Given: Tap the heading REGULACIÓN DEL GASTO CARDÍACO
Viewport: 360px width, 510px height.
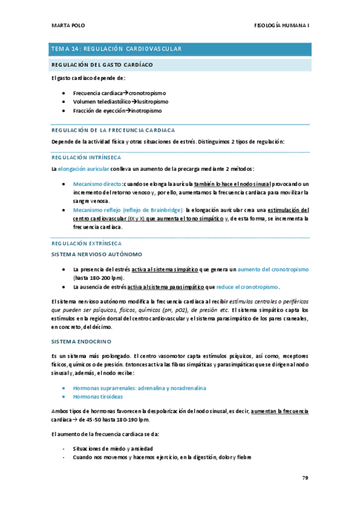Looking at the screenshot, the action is pos(102,64).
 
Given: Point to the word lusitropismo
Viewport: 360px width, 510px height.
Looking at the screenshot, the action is pos(148,102).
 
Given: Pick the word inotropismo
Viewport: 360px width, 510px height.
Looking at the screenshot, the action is pos(144,111).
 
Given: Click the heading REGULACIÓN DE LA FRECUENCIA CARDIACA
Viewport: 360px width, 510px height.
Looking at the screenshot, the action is pos(113,129).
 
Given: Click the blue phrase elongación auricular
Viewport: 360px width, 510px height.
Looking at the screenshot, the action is pos(84,168).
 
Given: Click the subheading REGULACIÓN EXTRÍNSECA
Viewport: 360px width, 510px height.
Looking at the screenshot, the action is pos(87,244).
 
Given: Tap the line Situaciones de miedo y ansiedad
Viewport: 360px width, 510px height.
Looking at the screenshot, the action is pos(112,449).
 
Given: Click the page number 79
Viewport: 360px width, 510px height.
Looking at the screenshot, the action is pos(305,479).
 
